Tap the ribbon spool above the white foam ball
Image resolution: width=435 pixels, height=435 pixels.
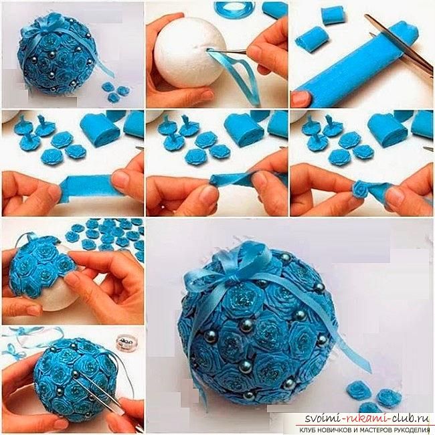230,10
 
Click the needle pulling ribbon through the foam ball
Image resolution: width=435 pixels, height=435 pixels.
228,50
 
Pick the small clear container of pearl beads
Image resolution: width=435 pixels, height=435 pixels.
124,343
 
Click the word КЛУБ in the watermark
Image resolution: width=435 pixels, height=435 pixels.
307,430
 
